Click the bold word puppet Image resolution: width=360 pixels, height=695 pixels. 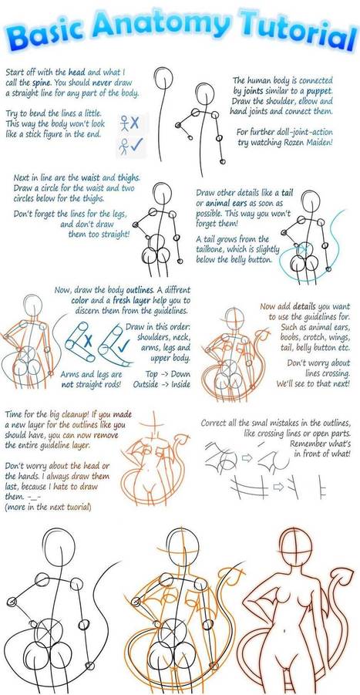[318, 91]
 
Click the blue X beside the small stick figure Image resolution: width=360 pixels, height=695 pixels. [134, 123]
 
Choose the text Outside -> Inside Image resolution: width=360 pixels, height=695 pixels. [162, 384]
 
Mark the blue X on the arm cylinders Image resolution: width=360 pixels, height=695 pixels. [88, 341]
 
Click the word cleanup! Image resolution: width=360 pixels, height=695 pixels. [76, 415]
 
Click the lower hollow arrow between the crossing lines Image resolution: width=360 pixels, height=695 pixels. [278, 488]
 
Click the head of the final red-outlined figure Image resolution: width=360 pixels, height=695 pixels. [296, 545]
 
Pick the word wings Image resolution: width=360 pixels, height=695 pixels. [338, 337]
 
